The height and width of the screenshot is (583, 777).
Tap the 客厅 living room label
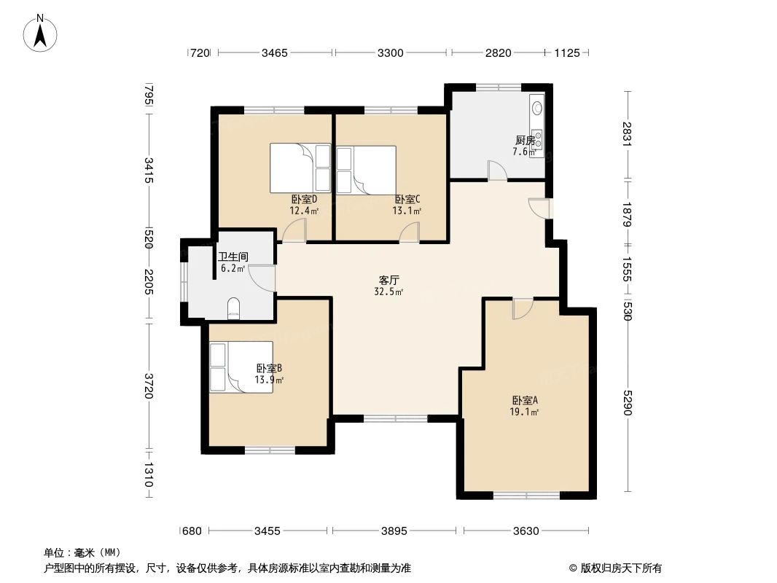[x=388, y=280]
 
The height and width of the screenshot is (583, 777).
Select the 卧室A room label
[x=524, y=400]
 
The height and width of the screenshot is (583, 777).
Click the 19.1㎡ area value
[x=524, y=412]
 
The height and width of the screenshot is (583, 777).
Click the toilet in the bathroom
[x=234, y=308]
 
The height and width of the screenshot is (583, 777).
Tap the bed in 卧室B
[x=241, y=367]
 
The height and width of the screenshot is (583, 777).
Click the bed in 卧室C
[x=366, y=170]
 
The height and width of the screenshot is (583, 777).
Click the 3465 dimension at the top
[x=275, y=52]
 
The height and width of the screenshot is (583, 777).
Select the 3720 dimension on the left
[x=149, y=386]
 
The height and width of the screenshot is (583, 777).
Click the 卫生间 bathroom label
[x=233, y=257]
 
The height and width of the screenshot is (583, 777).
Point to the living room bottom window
[x=396, y=419]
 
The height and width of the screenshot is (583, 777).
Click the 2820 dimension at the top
[x=499, y=52]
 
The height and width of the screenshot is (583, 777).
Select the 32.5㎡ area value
[x=388, y=291]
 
